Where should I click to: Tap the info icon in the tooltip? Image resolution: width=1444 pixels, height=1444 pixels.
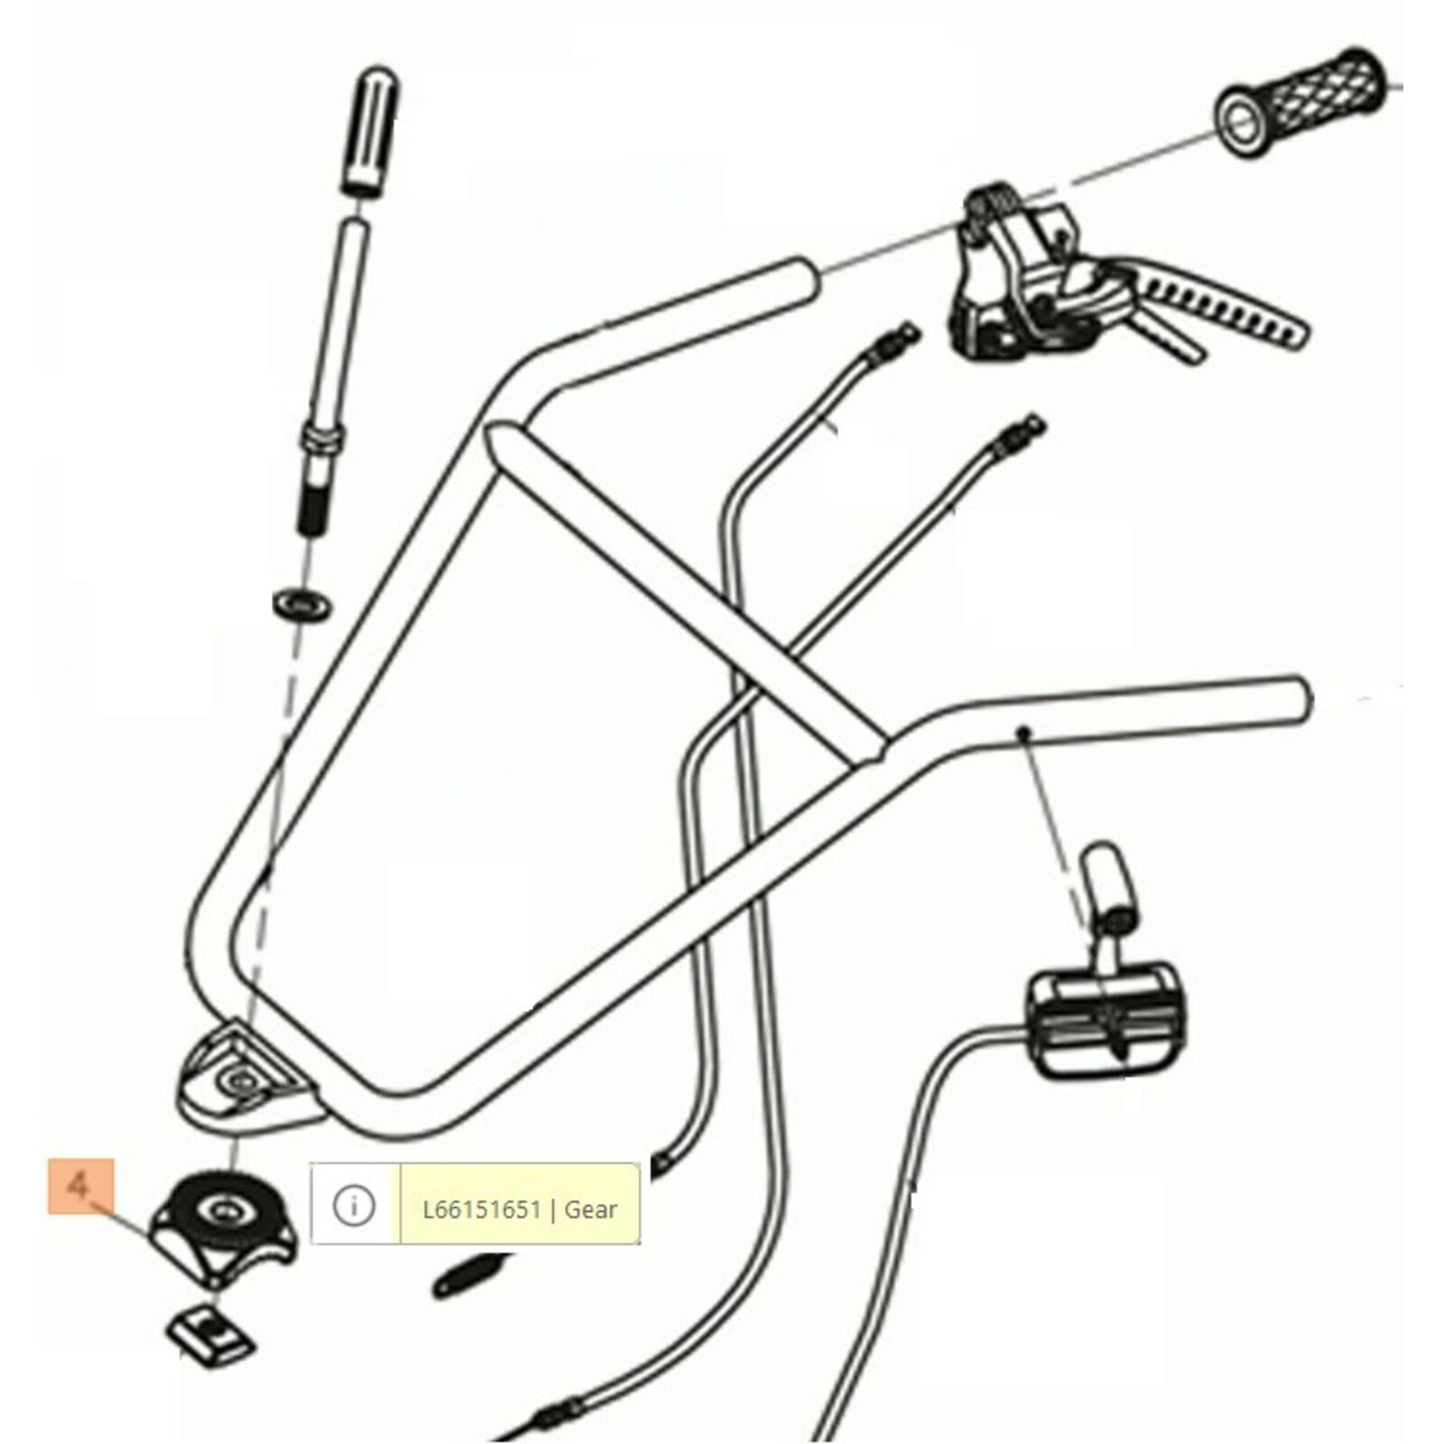point(354,1206)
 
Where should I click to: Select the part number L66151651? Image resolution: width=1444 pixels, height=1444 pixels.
point(481,1209)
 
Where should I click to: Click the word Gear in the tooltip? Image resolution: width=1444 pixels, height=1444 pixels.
point(590,1209)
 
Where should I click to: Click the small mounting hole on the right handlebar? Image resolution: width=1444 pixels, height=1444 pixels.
point(1023,731)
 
